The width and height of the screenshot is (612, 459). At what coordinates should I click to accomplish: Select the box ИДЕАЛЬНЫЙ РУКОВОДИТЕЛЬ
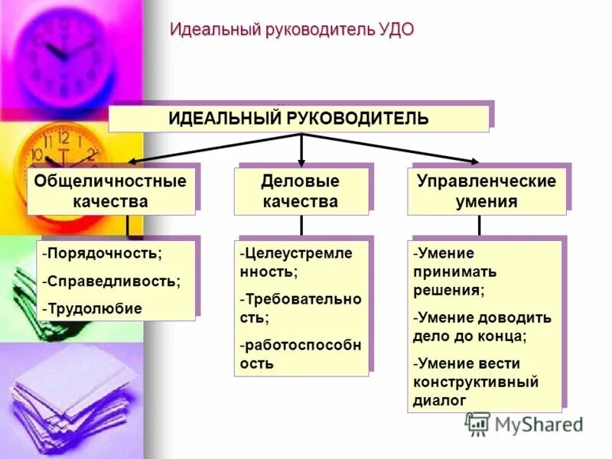(x=298, y=119)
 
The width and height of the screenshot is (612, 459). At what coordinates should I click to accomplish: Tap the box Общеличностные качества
(x=110, y=191)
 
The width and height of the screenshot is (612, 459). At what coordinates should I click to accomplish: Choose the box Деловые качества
(x=301, y=191)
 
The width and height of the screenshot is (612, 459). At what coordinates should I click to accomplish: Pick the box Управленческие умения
(x=486, y=191)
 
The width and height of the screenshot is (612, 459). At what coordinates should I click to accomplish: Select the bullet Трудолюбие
(x=93, y=308)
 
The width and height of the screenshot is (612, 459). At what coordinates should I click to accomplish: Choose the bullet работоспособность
(x=300, y=353)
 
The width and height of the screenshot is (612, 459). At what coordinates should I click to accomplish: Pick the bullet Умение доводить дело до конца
(x=481, y=326)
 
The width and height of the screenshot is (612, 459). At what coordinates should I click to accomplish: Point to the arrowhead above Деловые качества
(x=301, y=161)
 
